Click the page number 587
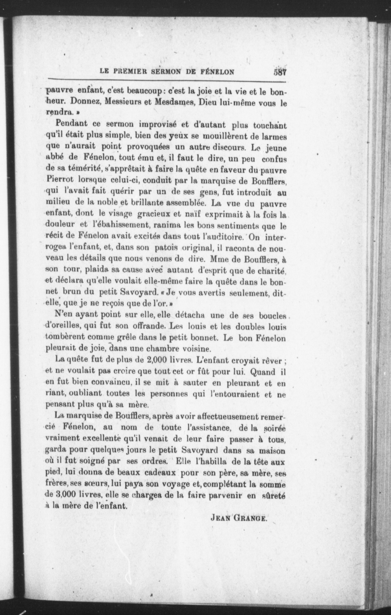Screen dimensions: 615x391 coord(279,73)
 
